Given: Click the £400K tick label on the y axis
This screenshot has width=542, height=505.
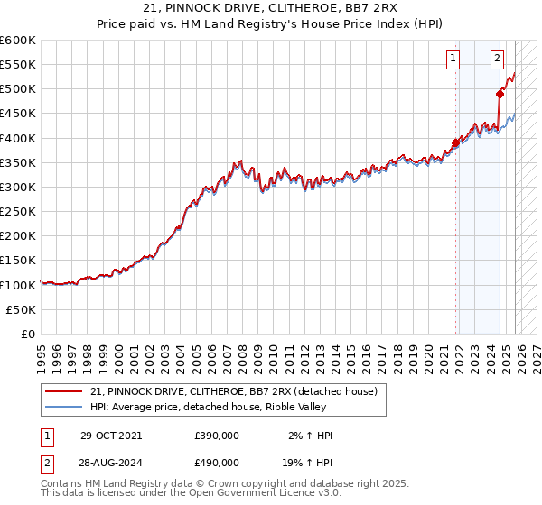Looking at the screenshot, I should coord(18,138).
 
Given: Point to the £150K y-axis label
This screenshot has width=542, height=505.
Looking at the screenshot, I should coord(18,260).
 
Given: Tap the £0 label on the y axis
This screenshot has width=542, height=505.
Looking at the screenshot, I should coord(30,334).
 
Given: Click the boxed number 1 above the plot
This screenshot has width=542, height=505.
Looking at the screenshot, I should coord(453,60).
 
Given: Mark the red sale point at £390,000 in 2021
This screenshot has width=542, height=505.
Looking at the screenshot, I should coord(455,142).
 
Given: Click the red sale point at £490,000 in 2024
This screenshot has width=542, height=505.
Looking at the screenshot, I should coord(500,94).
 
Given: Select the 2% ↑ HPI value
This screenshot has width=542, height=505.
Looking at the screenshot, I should coord(309,436).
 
